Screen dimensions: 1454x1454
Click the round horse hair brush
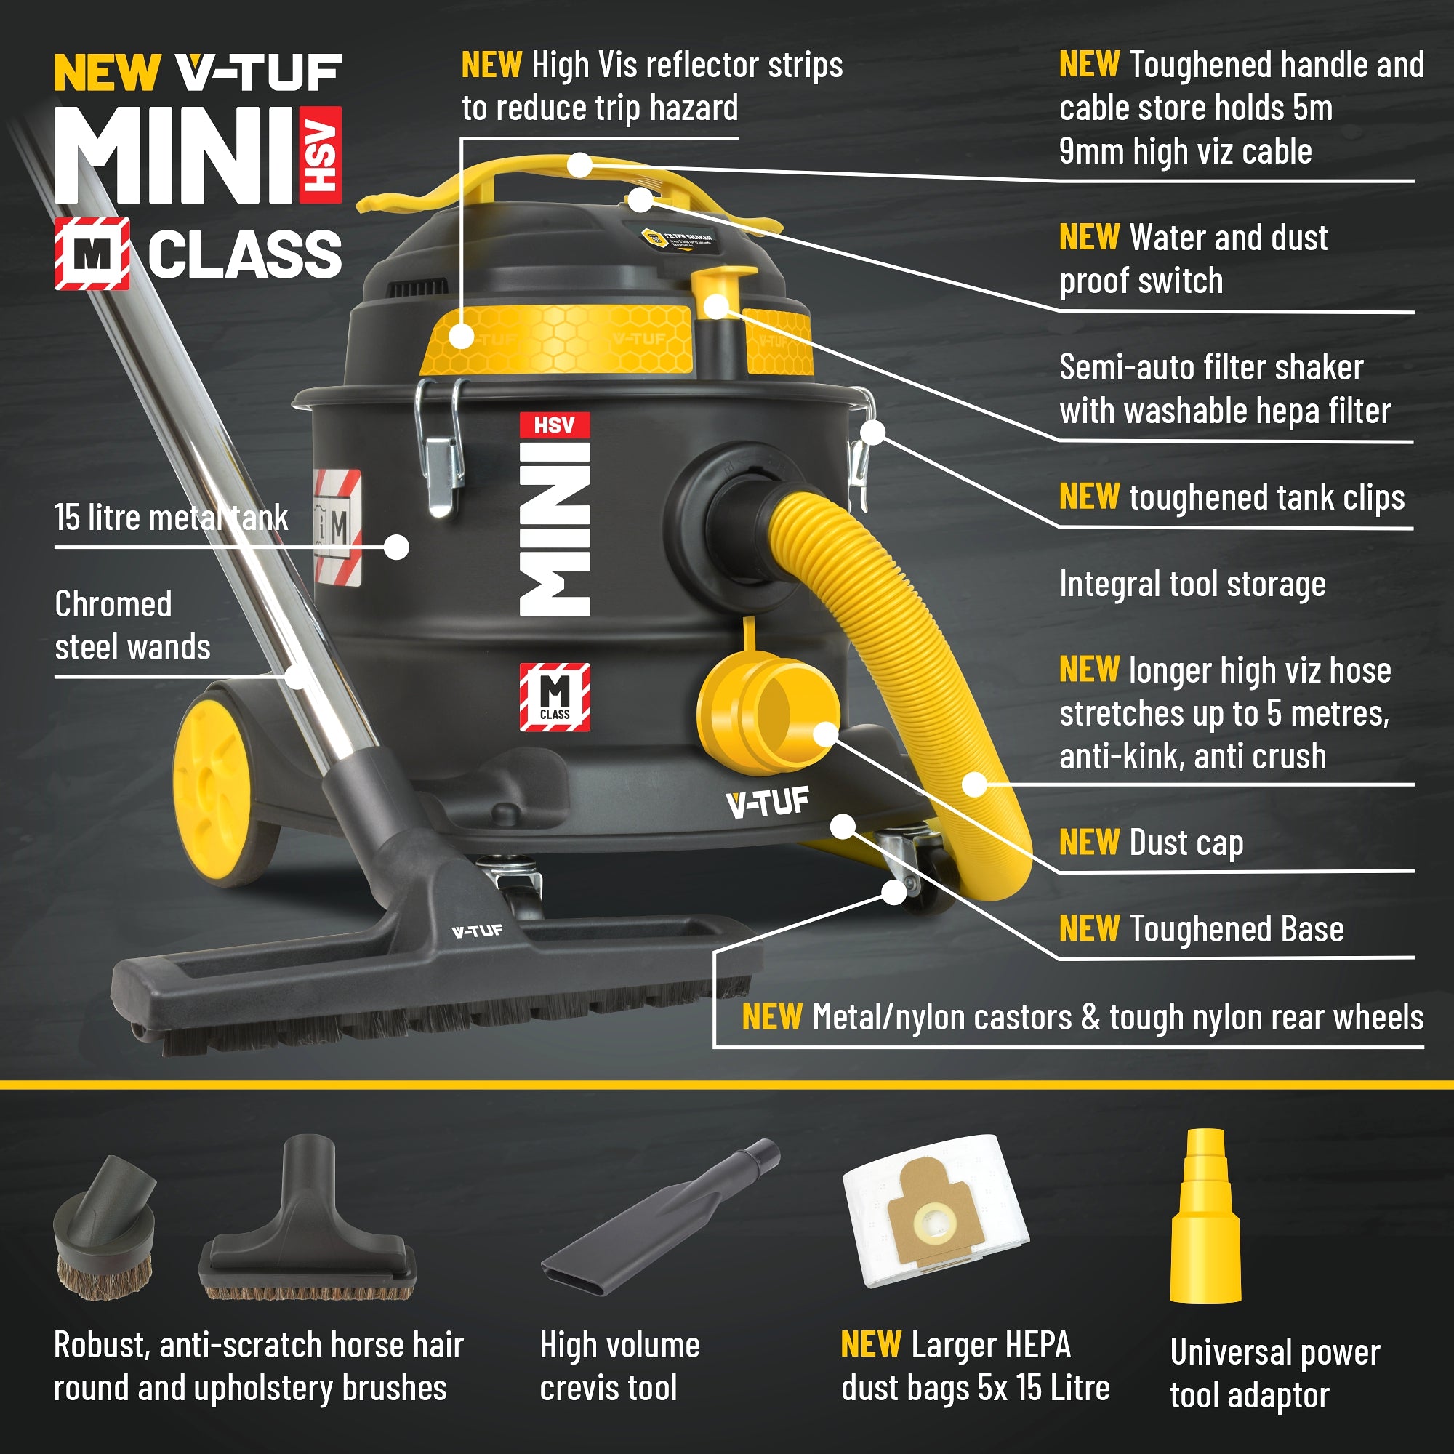coord(105,1228)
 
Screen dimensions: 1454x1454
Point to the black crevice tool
coord(661,1218)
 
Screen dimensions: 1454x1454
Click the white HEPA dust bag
coord(936,1211)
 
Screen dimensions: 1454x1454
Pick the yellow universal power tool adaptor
coord(1205,1216)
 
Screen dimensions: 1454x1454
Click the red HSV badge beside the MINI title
coord(321,155)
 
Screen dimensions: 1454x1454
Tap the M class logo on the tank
coord(555,697)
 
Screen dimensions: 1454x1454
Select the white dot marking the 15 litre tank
coord(397,547)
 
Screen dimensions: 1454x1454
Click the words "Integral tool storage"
coord(1192,585)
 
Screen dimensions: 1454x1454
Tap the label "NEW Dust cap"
coord(1151,843)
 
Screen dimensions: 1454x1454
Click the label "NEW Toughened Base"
coord(1201,928)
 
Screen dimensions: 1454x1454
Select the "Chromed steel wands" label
coord(132,625)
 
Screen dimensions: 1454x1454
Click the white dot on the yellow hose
coord(975,784)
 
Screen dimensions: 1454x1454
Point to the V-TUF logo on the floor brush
coord(477,932)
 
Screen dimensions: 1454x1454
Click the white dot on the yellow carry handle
coord(579,166)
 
